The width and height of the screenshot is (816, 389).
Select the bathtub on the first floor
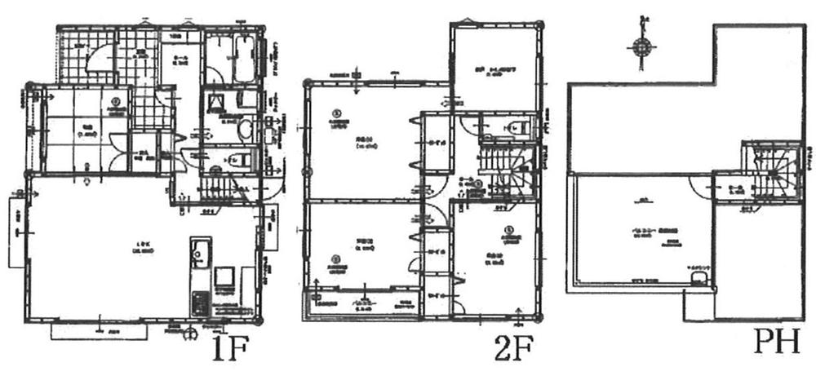[x=243, y=60]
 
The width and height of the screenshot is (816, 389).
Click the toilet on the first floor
[x=237, y=159]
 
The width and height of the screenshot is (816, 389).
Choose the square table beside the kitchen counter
[x=225, y=277]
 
